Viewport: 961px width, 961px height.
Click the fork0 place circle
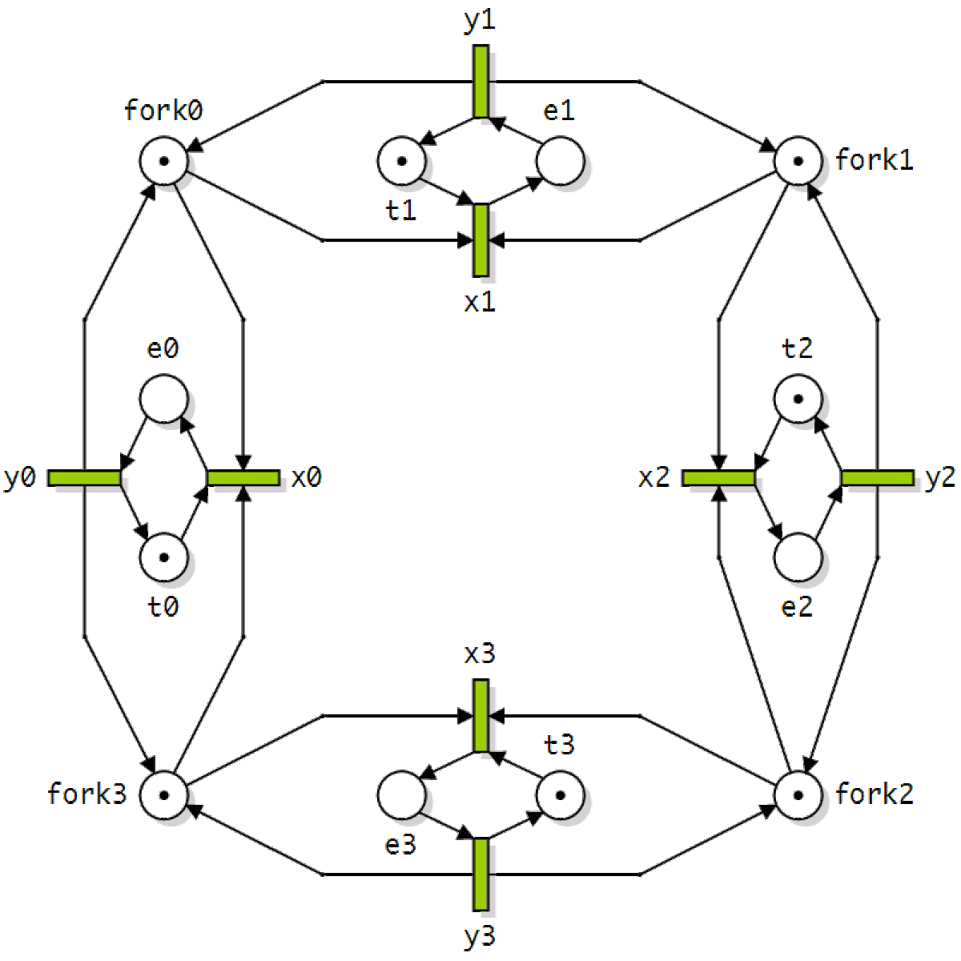(x=164, y=161)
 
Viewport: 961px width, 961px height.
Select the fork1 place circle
(x=798, y=161)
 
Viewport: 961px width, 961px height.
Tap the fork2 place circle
(x=798, y=795)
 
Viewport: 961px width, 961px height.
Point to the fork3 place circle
(x=164, y=795)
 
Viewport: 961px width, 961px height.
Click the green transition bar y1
(x=480, y=82)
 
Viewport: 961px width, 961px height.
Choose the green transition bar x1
(x=480, y=240)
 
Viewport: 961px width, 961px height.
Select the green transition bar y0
(x=84, y=478)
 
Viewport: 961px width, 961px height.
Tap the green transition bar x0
(x=243, y=478)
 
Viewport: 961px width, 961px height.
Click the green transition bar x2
(x=718, y=478)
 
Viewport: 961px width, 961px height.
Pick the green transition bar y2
(x=878, y=478)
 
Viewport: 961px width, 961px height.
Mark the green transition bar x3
(x=480, y=716)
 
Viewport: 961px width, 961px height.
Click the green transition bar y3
(x=480, y=875)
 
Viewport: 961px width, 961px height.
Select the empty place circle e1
(x=560, y=161)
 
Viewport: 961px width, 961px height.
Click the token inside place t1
(x=402, y=161)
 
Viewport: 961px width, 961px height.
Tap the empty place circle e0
(x=164, y=399)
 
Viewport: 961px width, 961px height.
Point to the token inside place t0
(x=164, y=557)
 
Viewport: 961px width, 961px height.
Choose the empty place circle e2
(x=798, y=557)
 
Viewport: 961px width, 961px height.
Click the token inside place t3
(x=560, y=795)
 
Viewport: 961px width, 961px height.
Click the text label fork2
(x=875, y=794)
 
